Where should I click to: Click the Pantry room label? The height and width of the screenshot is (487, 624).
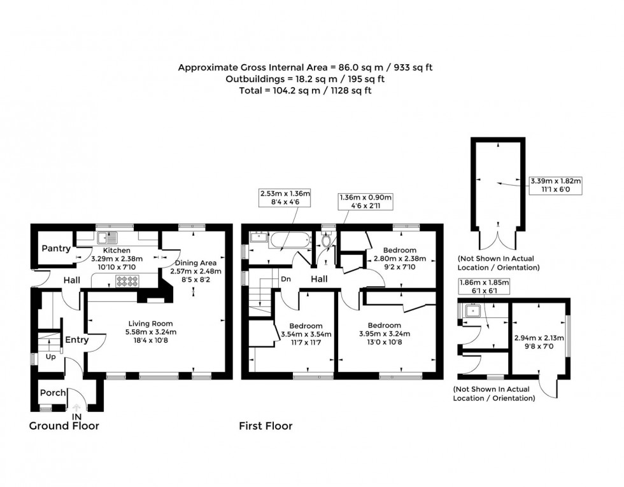pyautogui.click(x=56, y=249)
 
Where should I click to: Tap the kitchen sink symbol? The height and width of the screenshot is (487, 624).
pyautogui.click(x=108, y=238)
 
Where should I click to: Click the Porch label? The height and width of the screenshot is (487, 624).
pyautogui.click(x=53, y=393)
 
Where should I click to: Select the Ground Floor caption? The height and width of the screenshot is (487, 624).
pyautogui.click(x=64, y=426)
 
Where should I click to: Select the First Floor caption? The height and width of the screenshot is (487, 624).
pyautogui.click(x=266, y=426)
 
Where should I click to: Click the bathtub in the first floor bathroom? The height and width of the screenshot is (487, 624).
pyautogui.click(x=290, y=240)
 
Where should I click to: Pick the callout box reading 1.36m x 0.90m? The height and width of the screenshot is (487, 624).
pyautogui.click(x=365, y=202)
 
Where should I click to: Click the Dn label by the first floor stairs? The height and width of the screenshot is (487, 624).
pyautogui.click(x=286, y=279)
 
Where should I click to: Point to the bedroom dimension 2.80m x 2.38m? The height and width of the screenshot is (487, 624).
pyautogui.click(x=400, y=259)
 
